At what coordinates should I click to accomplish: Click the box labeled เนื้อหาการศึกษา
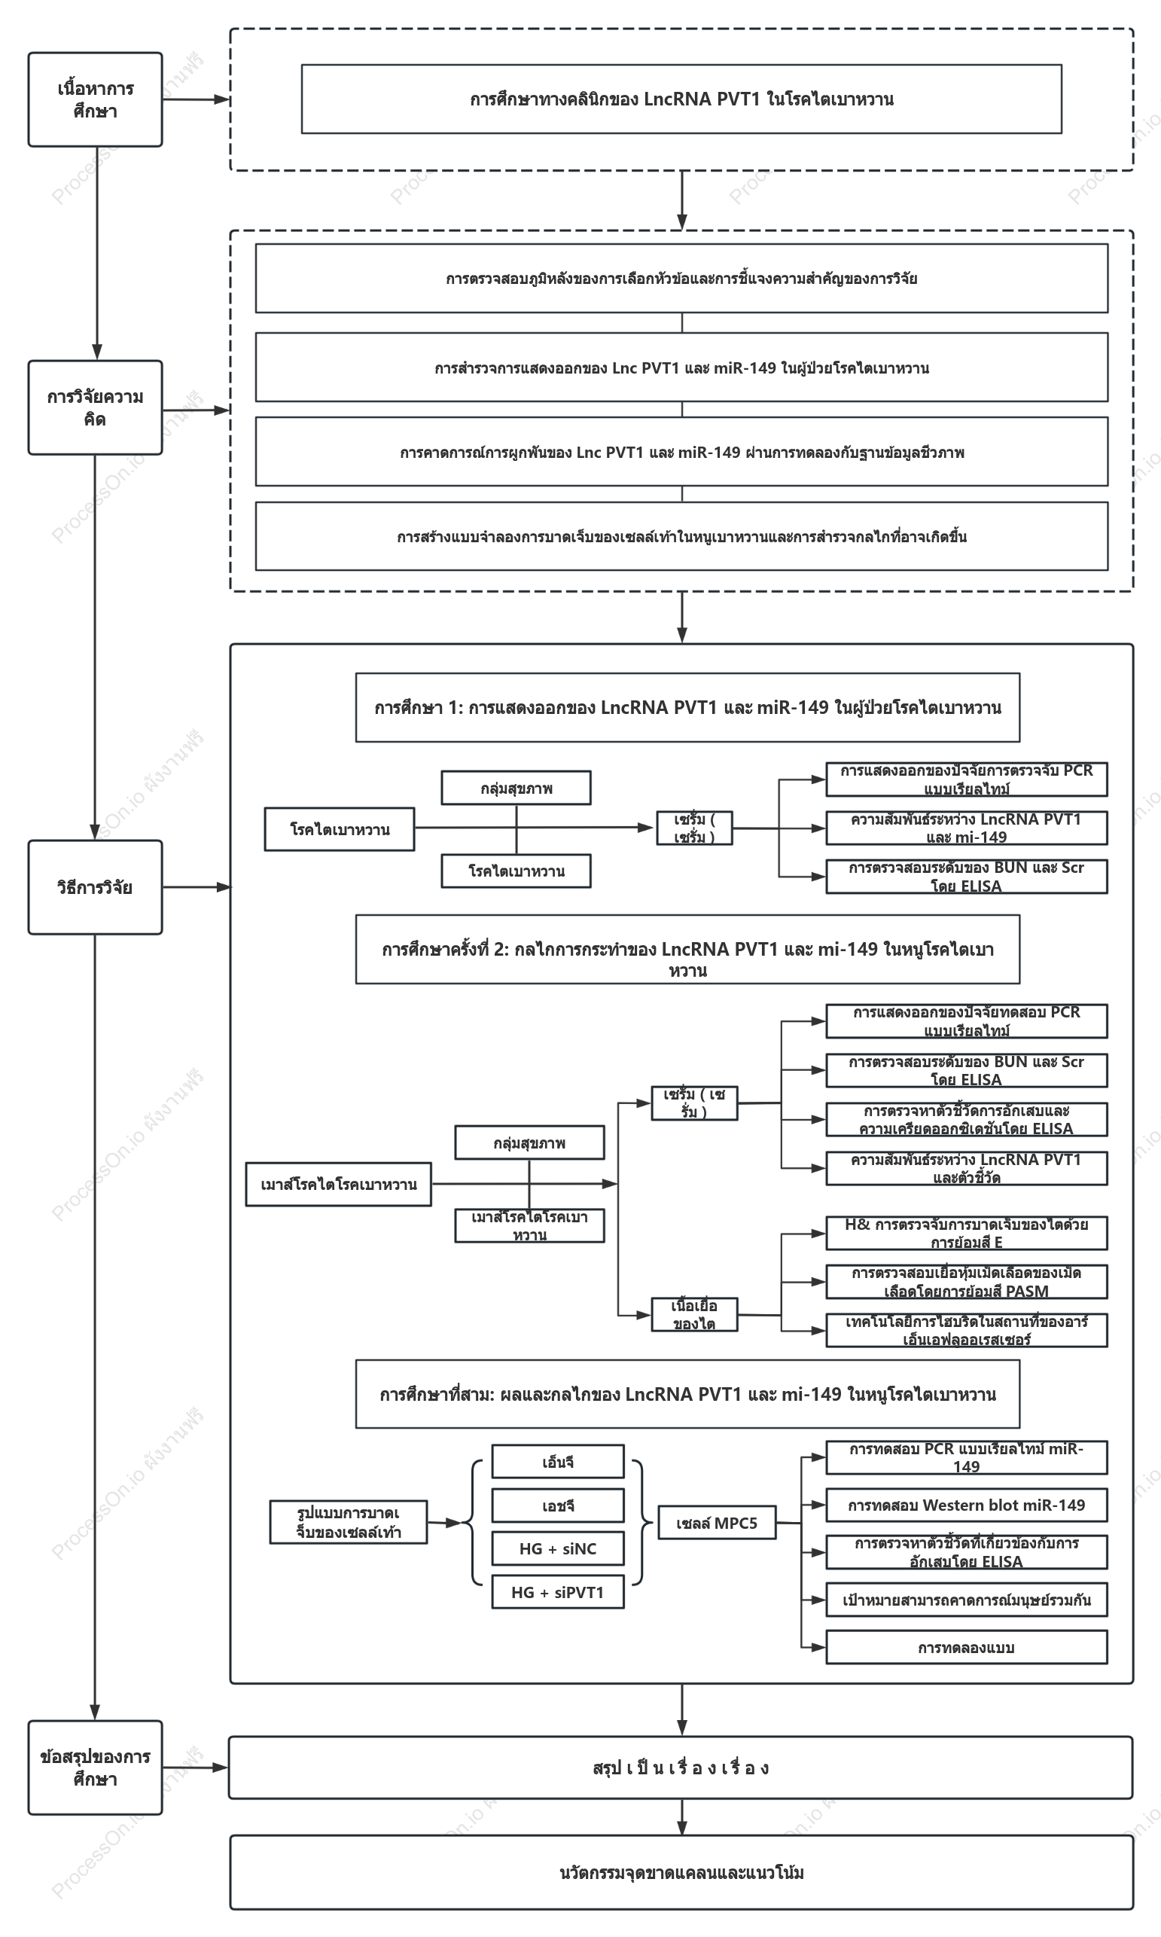point(96,99)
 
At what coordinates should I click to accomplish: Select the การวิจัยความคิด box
point(96,407)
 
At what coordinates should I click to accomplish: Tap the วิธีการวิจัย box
point(96,887)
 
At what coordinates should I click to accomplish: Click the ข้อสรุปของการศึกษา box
point(96,1768)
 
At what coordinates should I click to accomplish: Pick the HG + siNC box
point(558,1548)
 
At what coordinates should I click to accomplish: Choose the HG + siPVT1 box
point(558,1592)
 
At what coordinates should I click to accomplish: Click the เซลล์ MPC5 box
point(717,1522)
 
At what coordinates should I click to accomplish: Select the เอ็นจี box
point(558,1461)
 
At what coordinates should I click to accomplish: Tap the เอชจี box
point(558,1505)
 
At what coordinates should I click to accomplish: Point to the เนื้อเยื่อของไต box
point(694,1314)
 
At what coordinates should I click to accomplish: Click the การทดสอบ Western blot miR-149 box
point(966,1505)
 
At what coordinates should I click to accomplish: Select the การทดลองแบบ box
point(966,1647)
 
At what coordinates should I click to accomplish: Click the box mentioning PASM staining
point(966,1282)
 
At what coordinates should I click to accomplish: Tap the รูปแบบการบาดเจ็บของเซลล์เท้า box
point(348,1521)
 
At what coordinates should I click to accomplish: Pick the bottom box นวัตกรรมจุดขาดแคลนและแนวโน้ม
point(681,1872)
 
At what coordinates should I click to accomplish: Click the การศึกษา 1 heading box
point(687,707)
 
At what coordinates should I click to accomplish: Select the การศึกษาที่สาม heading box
point(687,1393)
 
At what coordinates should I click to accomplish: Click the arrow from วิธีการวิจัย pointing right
point(197,887)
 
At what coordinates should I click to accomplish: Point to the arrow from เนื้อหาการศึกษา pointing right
point(197,99)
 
